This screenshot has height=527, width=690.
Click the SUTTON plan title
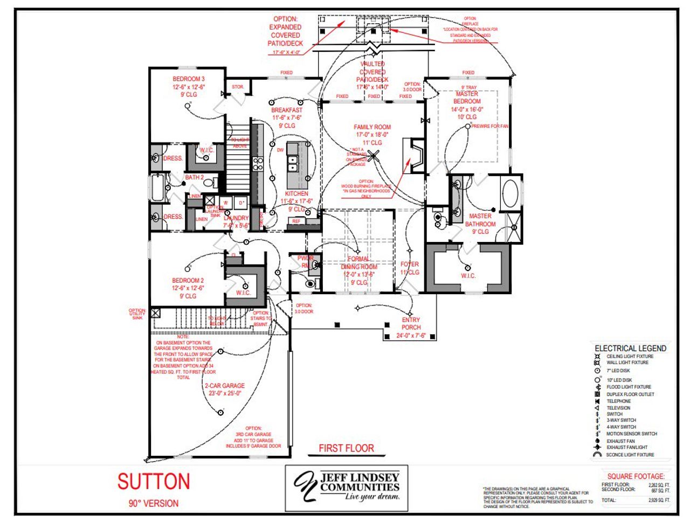154,481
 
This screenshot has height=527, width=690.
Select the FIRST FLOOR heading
346,448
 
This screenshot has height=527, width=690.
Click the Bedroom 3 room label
189,79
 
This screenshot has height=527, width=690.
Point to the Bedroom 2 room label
188,281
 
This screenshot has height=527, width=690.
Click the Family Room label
372,127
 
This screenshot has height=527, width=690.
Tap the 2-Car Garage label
225,386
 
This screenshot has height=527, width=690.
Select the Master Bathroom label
480,220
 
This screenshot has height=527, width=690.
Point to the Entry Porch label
411,323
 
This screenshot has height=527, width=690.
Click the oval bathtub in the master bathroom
510,194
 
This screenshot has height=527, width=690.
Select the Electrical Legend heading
630,348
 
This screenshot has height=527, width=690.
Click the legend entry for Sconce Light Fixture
630,455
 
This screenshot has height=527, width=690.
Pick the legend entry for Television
618,408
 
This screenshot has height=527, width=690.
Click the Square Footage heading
636,476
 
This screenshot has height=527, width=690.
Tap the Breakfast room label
287,110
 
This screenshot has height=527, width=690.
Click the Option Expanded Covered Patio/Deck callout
285,31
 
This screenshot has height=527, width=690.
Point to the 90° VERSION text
154,503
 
